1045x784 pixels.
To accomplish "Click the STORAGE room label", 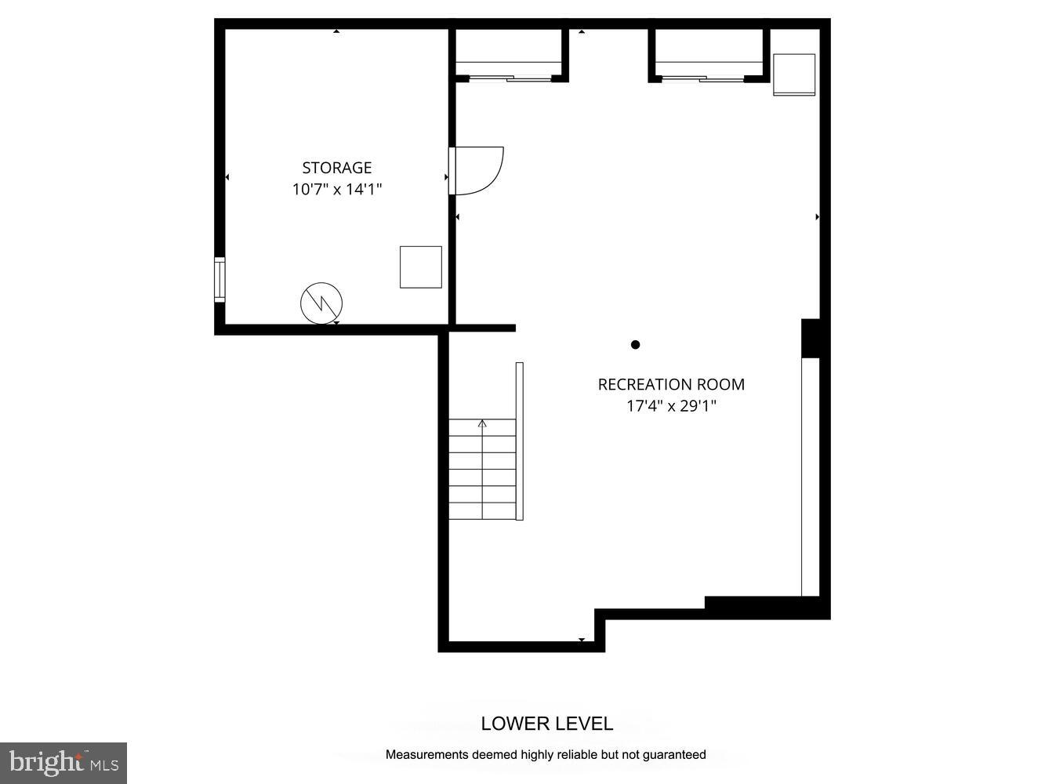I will pos(336,168).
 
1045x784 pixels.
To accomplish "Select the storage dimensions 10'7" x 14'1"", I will pos(336,189).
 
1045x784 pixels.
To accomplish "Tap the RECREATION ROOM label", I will pos(671,384).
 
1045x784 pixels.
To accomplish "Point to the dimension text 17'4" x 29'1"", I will pos(671,406).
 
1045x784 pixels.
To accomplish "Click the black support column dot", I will pos(636,344).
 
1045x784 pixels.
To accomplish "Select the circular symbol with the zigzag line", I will pos(321,303).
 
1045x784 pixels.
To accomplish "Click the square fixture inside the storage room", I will pos(421,267).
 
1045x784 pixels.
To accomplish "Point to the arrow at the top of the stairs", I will pos(482,424).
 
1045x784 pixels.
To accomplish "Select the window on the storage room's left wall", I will pos(220,280).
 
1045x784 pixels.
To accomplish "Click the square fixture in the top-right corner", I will pos(794,74).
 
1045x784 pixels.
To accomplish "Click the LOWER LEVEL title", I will pos(547,724).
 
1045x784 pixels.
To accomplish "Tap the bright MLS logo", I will pos(63,763).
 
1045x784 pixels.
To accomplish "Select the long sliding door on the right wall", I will pos(810,477).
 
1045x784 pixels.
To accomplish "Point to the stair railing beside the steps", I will pos(519,441).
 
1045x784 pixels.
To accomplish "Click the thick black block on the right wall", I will pos(811,338).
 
